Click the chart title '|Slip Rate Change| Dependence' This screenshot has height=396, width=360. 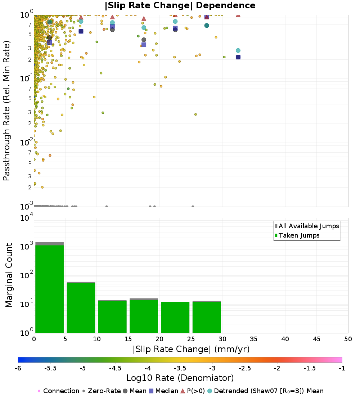tap(180, 5)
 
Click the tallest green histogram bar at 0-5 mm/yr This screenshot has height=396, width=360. tap(49, 288)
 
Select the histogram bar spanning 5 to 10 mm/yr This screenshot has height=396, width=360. tap(81, 308)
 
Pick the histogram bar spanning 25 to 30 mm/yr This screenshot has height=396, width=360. tap(207, 317)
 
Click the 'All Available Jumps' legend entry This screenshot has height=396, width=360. tap(309, 226)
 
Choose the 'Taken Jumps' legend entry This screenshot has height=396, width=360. tap(299, 235)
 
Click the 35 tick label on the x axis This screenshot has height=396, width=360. tap(254, 339)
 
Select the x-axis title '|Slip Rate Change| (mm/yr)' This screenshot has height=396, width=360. tap(191, 349)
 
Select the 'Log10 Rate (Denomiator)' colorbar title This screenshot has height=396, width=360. tap(180, 378)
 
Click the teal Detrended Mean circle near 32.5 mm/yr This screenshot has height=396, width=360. tap(238, 50)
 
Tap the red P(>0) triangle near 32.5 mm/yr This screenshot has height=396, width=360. tap(238, 15)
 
